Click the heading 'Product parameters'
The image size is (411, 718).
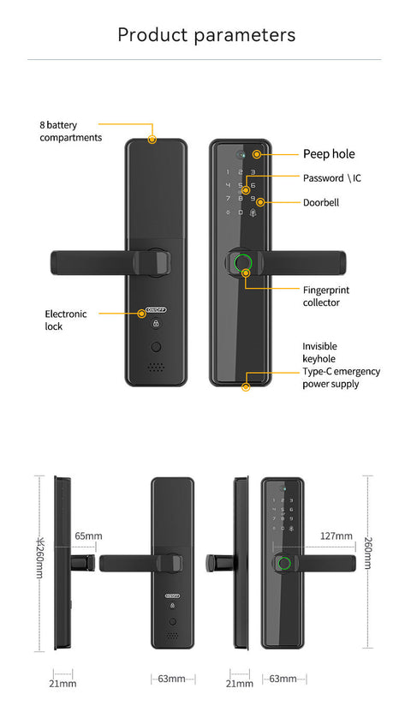click(205, 35)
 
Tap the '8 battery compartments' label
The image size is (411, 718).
click(70, 131)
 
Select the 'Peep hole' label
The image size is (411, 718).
click(329, 154)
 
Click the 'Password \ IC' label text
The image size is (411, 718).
click(332, 178)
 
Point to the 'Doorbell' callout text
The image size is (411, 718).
click(322, 203)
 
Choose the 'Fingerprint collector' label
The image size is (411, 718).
click(326, 296)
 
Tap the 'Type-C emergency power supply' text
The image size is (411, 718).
click(341, 378)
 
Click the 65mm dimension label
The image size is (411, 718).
click(88, 536)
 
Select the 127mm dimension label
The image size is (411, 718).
click(336, 536)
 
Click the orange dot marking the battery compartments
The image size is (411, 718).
click(152, 139)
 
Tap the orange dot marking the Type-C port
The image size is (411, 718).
click(246, 388)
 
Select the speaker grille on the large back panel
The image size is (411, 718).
click(155, 367)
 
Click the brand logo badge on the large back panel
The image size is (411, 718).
click(156, 312)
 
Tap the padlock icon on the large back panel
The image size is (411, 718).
click(156, 325)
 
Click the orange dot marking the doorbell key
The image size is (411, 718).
click(259, 203)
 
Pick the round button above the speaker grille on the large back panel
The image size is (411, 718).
click(156, 347)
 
